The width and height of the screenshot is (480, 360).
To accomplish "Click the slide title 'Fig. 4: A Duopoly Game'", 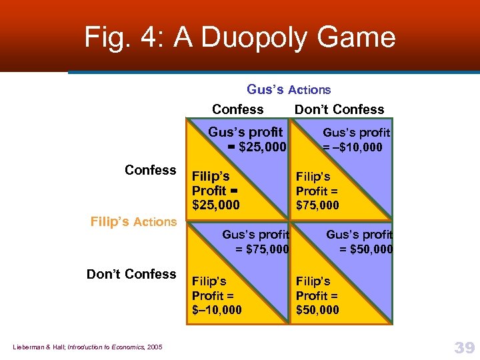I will coord(240,37).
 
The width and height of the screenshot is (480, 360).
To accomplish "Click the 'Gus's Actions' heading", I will coord(289,89).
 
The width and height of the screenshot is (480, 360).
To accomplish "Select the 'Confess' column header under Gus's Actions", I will coord(237,109).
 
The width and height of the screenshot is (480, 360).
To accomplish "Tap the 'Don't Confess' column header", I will coord(339,109).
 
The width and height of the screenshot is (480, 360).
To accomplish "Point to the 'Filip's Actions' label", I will coord(133,222).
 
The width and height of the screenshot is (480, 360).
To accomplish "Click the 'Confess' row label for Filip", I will coord(150,170).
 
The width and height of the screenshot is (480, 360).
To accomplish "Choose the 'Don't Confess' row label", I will coord(131,274).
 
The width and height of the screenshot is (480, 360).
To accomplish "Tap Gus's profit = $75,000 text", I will coord(255,241).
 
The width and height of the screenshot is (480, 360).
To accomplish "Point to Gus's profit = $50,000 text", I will coord(359,241).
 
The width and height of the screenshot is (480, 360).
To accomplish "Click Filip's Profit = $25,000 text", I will coord(215,191).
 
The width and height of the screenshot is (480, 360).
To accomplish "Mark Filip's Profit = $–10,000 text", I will coord(217,295).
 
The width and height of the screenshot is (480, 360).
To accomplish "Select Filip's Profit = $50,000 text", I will coord(317,295).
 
